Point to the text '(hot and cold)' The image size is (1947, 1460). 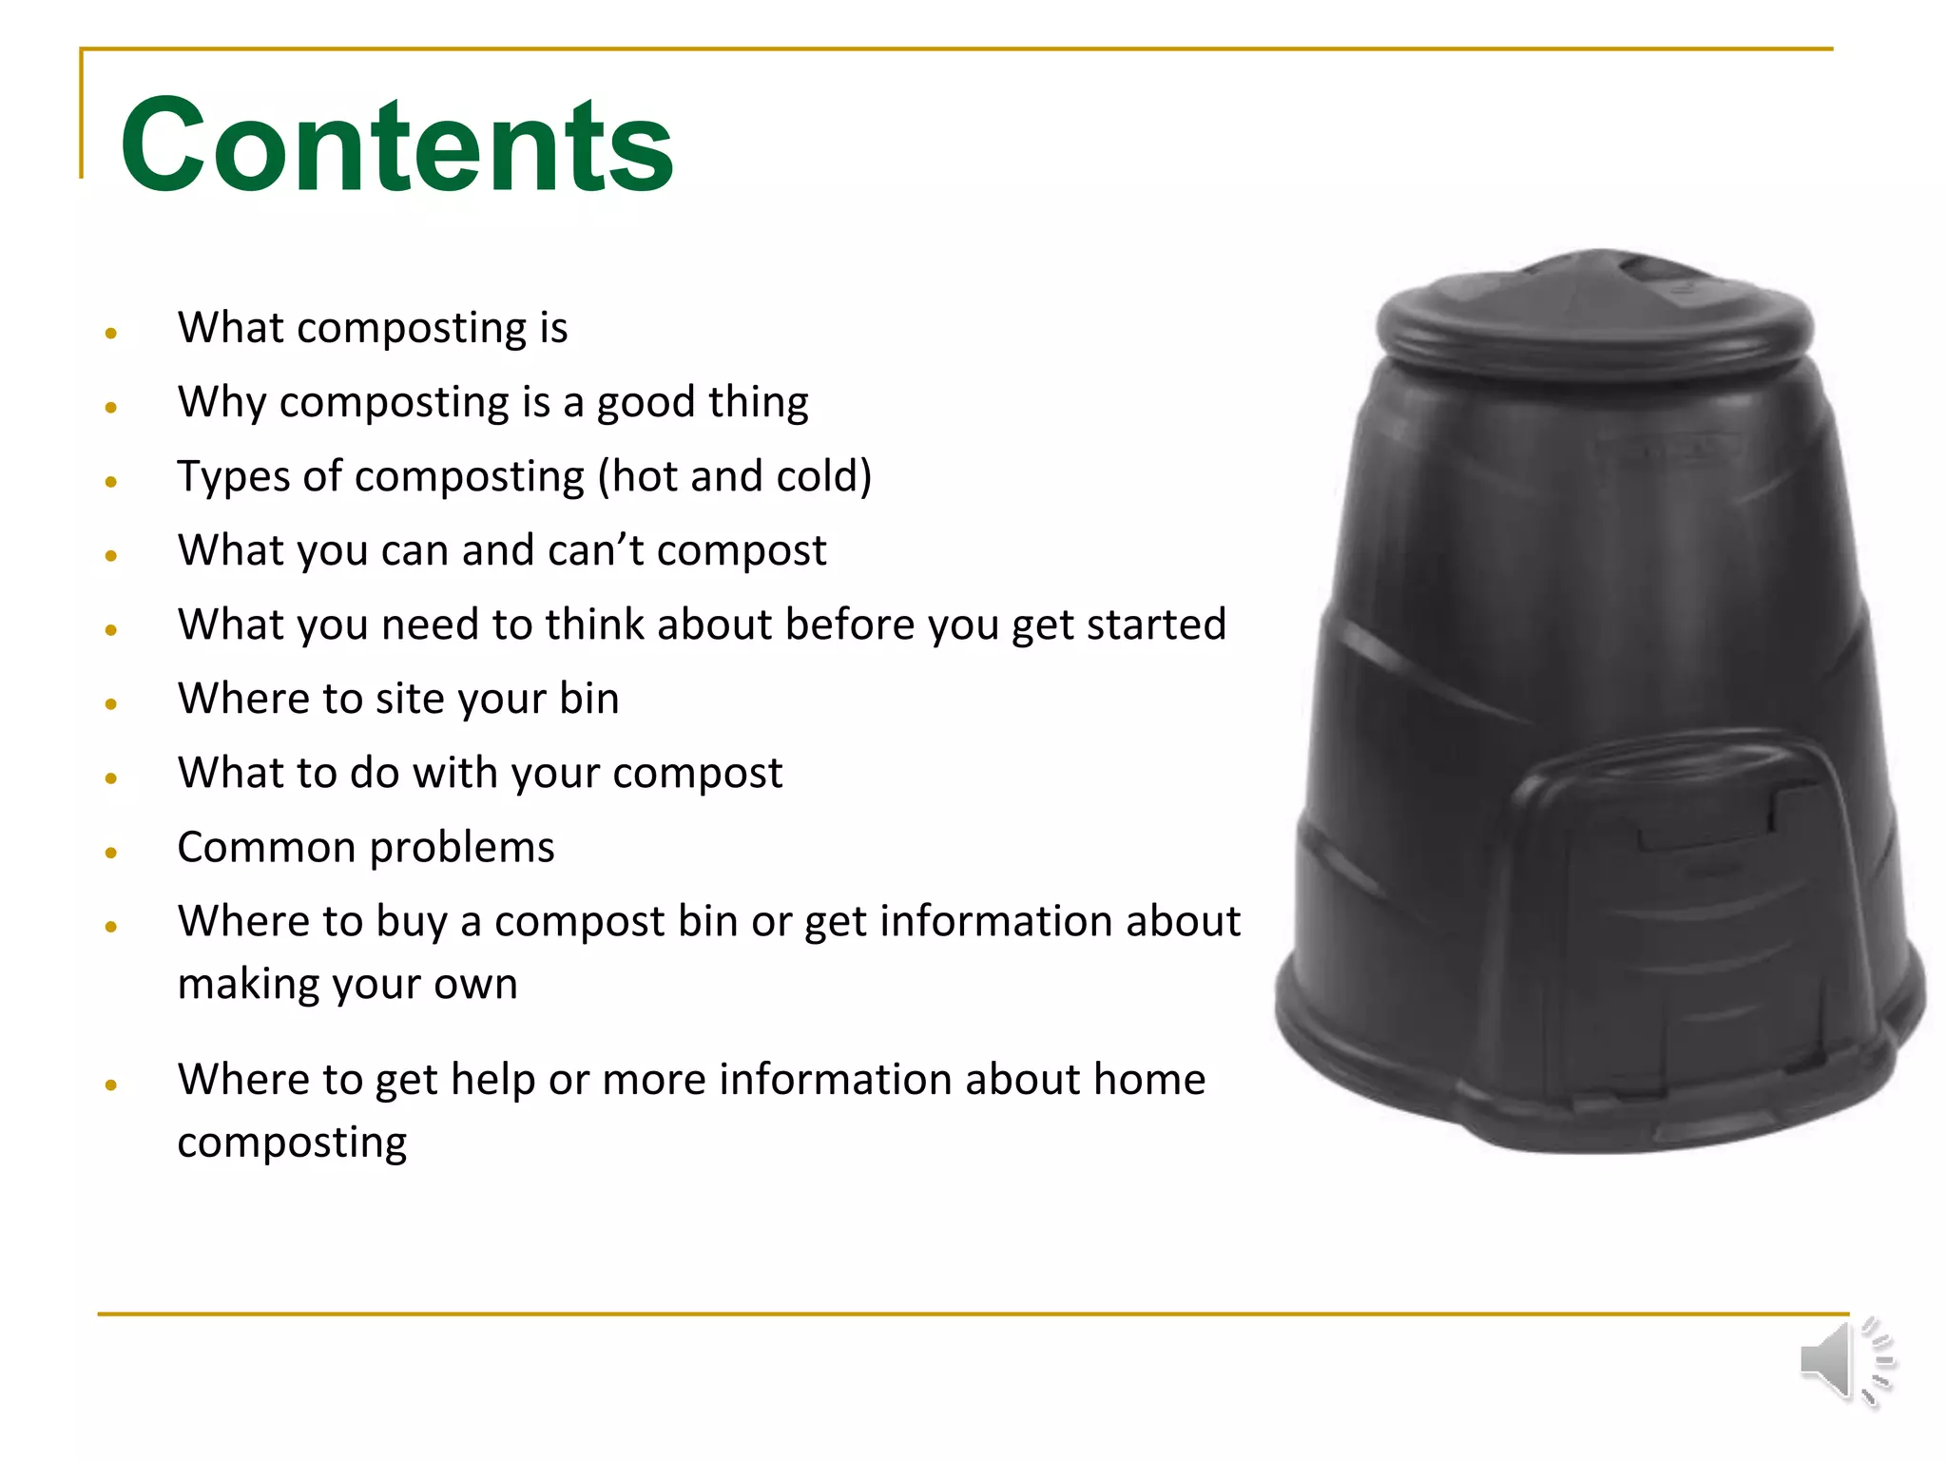click(x=734, y=476)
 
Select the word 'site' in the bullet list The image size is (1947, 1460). click(x=412, y=699)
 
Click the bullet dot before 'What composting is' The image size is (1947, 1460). click(x=111, y=333)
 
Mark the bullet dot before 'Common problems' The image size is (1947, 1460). click(x=111, y=853)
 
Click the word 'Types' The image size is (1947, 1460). click(x=233, y=477)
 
